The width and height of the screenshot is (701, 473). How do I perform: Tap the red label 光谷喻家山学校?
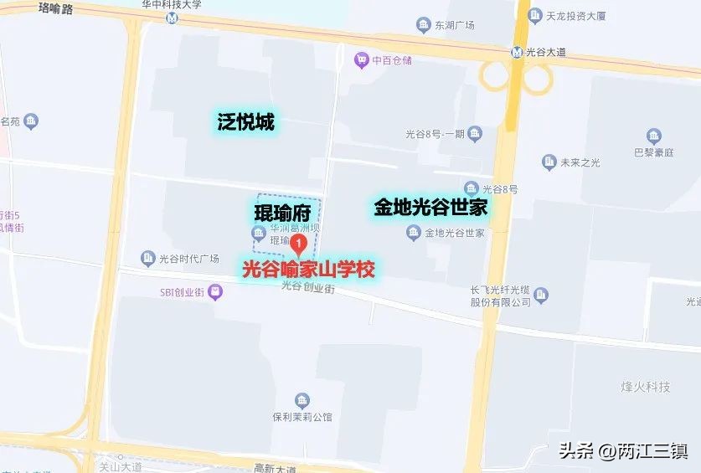click(x=307, y=270)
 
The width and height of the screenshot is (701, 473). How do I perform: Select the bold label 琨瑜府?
click(x=282, y=212)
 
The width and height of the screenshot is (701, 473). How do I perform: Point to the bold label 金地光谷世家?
click(x=430, y=208)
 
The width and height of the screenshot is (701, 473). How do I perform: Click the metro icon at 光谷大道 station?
click(x=518, y=52)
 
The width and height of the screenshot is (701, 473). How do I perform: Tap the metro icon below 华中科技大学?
click(x=173, y=18)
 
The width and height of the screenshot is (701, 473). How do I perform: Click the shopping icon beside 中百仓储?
click(x=361, y=59)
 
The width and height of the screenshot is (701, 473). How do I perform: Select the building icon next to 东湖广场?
click(x=424, y=24)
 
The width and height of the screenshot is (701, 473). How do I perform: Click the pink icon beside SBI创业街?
click(x=216, y=292)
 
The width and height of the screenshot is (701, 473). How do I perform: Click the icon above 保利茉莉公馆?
click(x=302, y=401)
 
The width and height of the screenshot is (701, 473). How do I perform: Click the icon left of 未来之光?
click(x=549, y=162)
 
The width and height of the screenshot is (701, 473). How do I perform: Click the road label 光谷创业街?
click(x=307, y=287)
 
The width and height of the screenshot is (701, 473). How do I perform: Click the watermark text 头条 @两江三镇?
click(x=623, y=451)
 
